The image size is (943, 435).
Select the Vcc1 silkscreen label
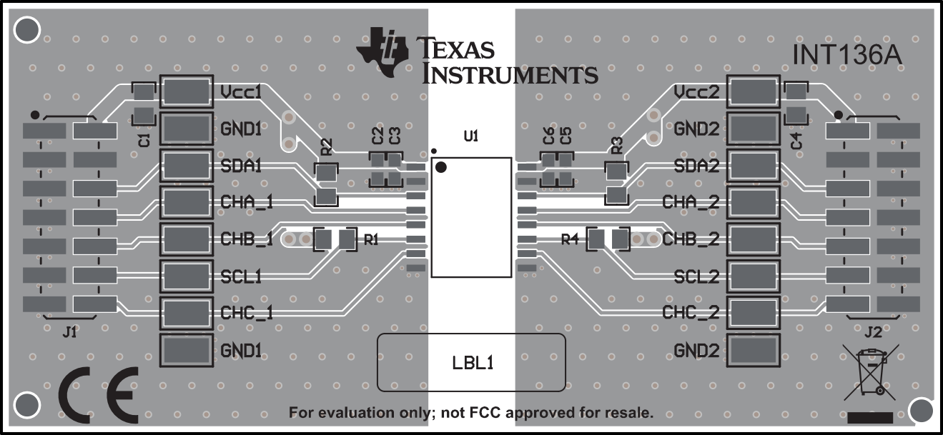(x=240, y=92)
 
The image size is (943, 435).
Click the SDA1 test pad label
(x=240, y=166)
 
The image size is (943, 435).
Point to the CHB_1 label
(x=246, y=239)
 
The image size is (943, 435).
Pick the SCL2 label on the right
(x=696, y=276)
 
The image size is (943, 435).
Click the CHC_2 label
(x=691, y=313)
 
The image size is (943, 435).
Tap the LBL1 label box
(x=471, y=362)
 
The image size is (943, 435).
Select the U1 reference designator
(x=471, y=136)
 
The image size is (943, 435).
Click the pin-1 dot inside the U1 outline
(x=441, y=168)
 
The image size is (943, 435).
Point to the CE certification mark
(x=98, y=394)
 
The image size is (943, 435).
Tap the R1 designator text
(x=371, y=240)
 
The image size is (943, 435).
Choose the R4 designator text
(x=570, y=240)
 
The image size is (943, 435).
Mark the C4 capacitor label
(x=796, y=140)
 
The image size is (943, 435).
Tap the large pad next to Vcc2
(x=752, y=92)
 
